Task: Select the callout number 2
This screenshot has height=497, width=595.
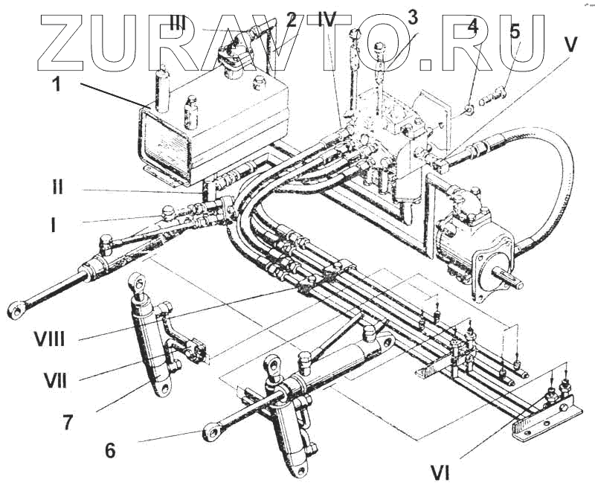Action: click(x=292, y=21)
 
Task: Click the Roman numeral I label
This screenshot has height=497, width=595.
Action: click(x=53, y=222)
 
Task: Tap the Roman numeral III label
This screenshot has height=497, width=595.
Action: click(x=178, y=22)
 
